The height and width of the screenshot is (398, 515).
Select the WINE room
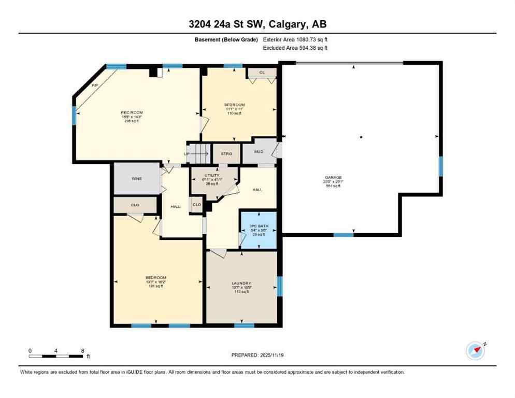tap(137, 179)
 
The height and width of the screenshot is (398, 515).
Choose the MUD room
tap(259, 152)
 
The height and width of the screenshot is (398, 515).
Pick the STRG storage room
tap(226, 153)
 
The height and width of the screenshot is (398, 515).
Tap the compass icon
tap(476, 351)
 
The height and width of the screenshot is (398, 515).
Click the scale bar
tap(56, 356)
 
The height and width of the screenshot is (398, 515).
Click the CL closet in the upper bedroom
tap(262, 73)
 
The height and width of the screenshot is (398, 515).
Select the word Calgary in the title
tap(285, 24)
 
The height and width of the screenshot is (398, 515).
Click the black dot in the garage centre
tap(361, 137)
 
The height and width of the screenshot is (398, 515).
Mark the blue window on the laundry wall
tap(280, 286)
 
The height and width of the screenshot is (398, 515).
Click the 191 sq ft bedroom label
tap(156, 286)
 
